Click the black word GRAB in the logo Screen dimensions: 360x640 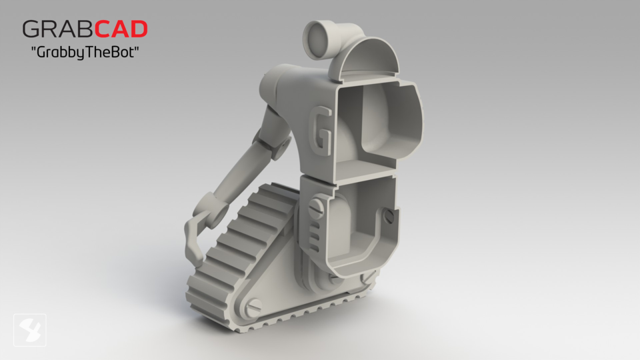pos(56,29)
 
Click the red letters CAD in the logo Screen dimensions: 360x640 pos(120,29)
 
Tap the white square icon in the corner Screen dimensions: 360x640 pos(30,330)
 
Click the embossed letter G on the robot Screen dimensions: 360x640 pos(322,131)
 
